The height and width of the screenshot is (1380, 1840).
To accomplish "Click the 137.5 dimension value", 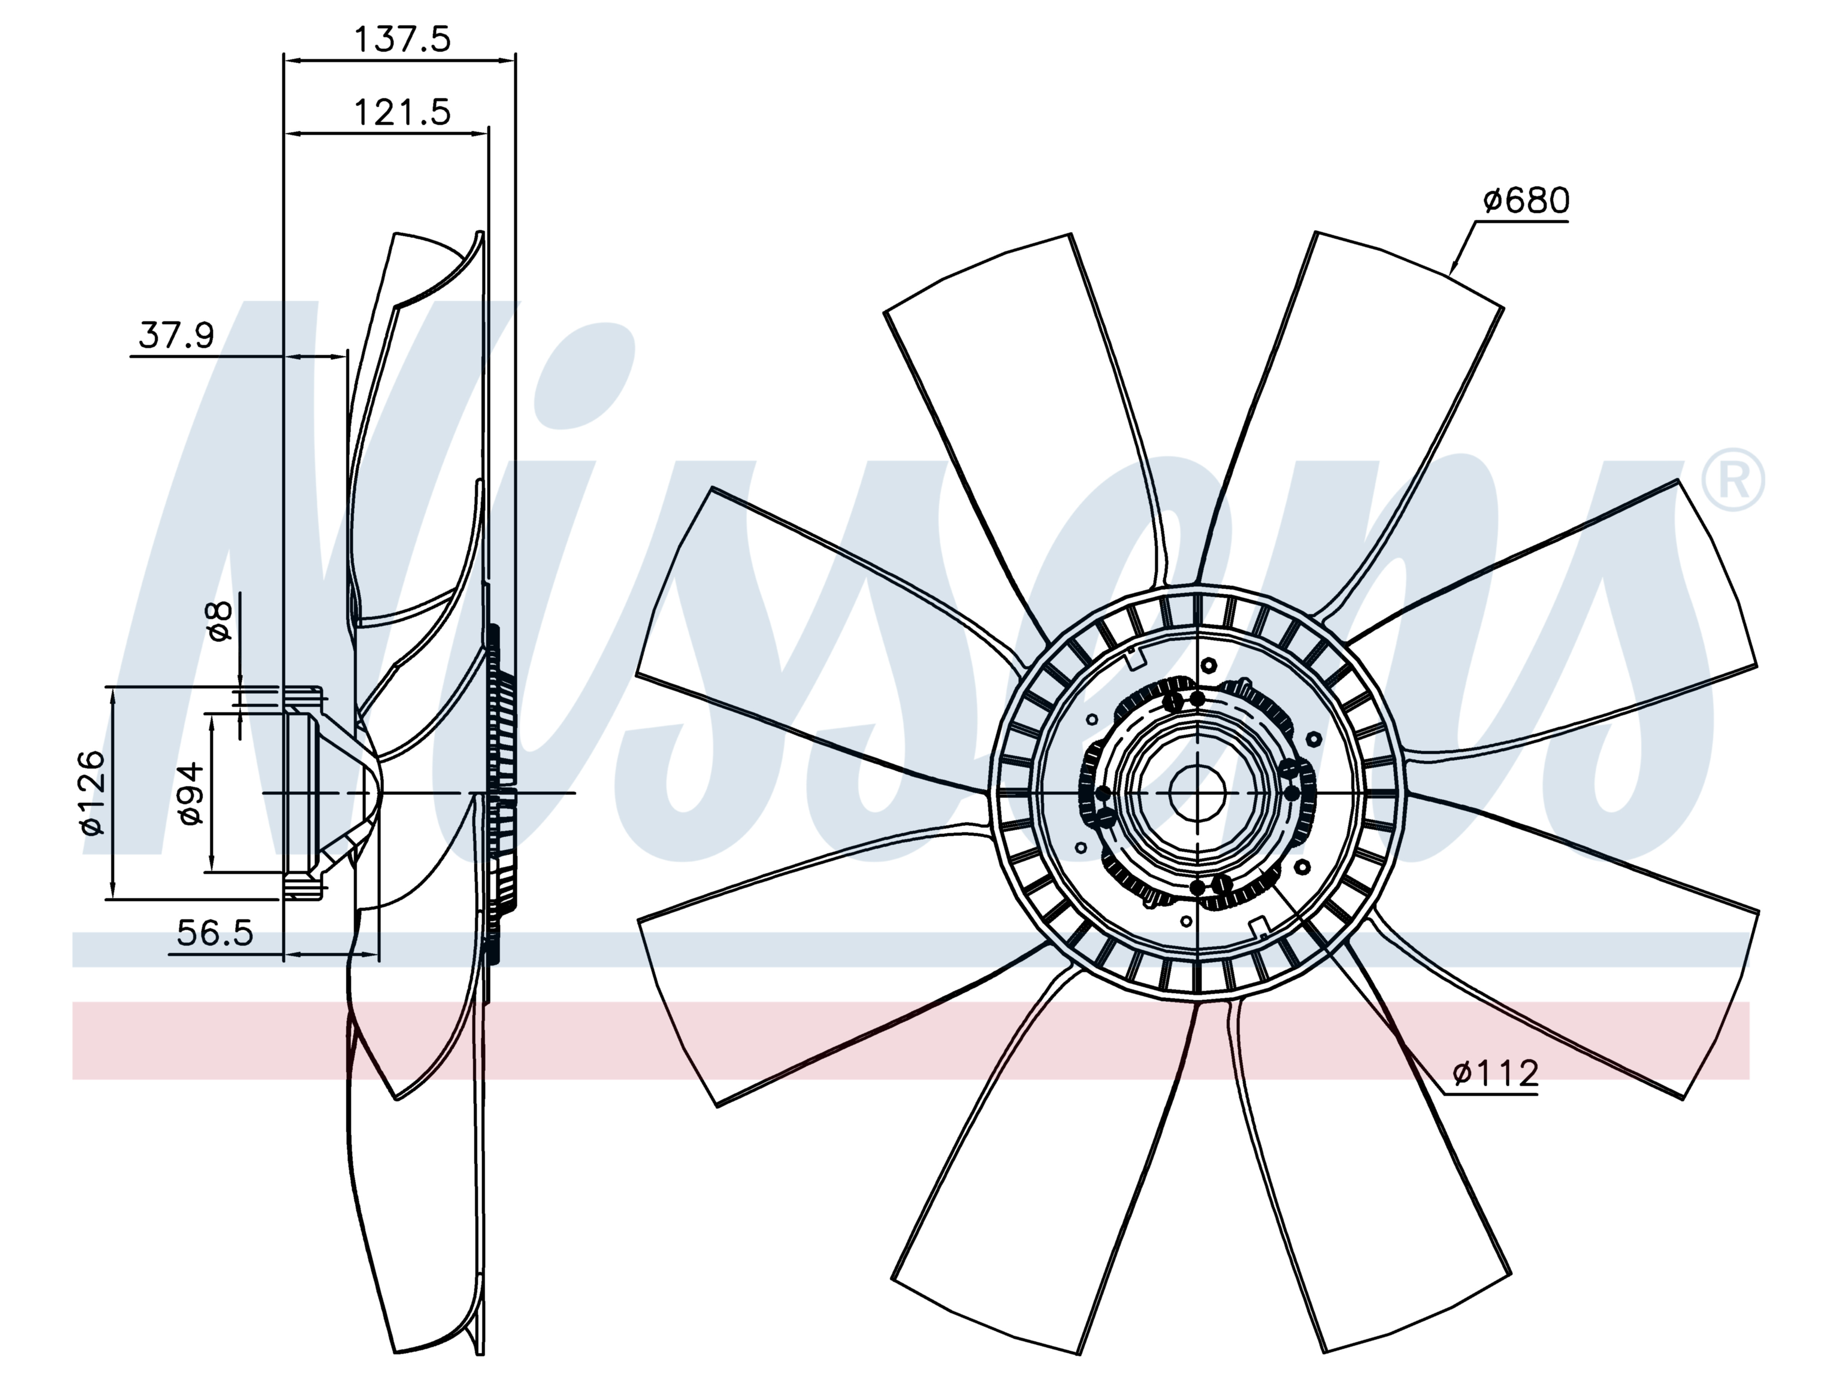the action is click(x=402, y=39).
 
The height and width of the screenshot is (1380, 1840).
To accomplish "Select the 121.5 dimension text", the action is click(x=402, y=112).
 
